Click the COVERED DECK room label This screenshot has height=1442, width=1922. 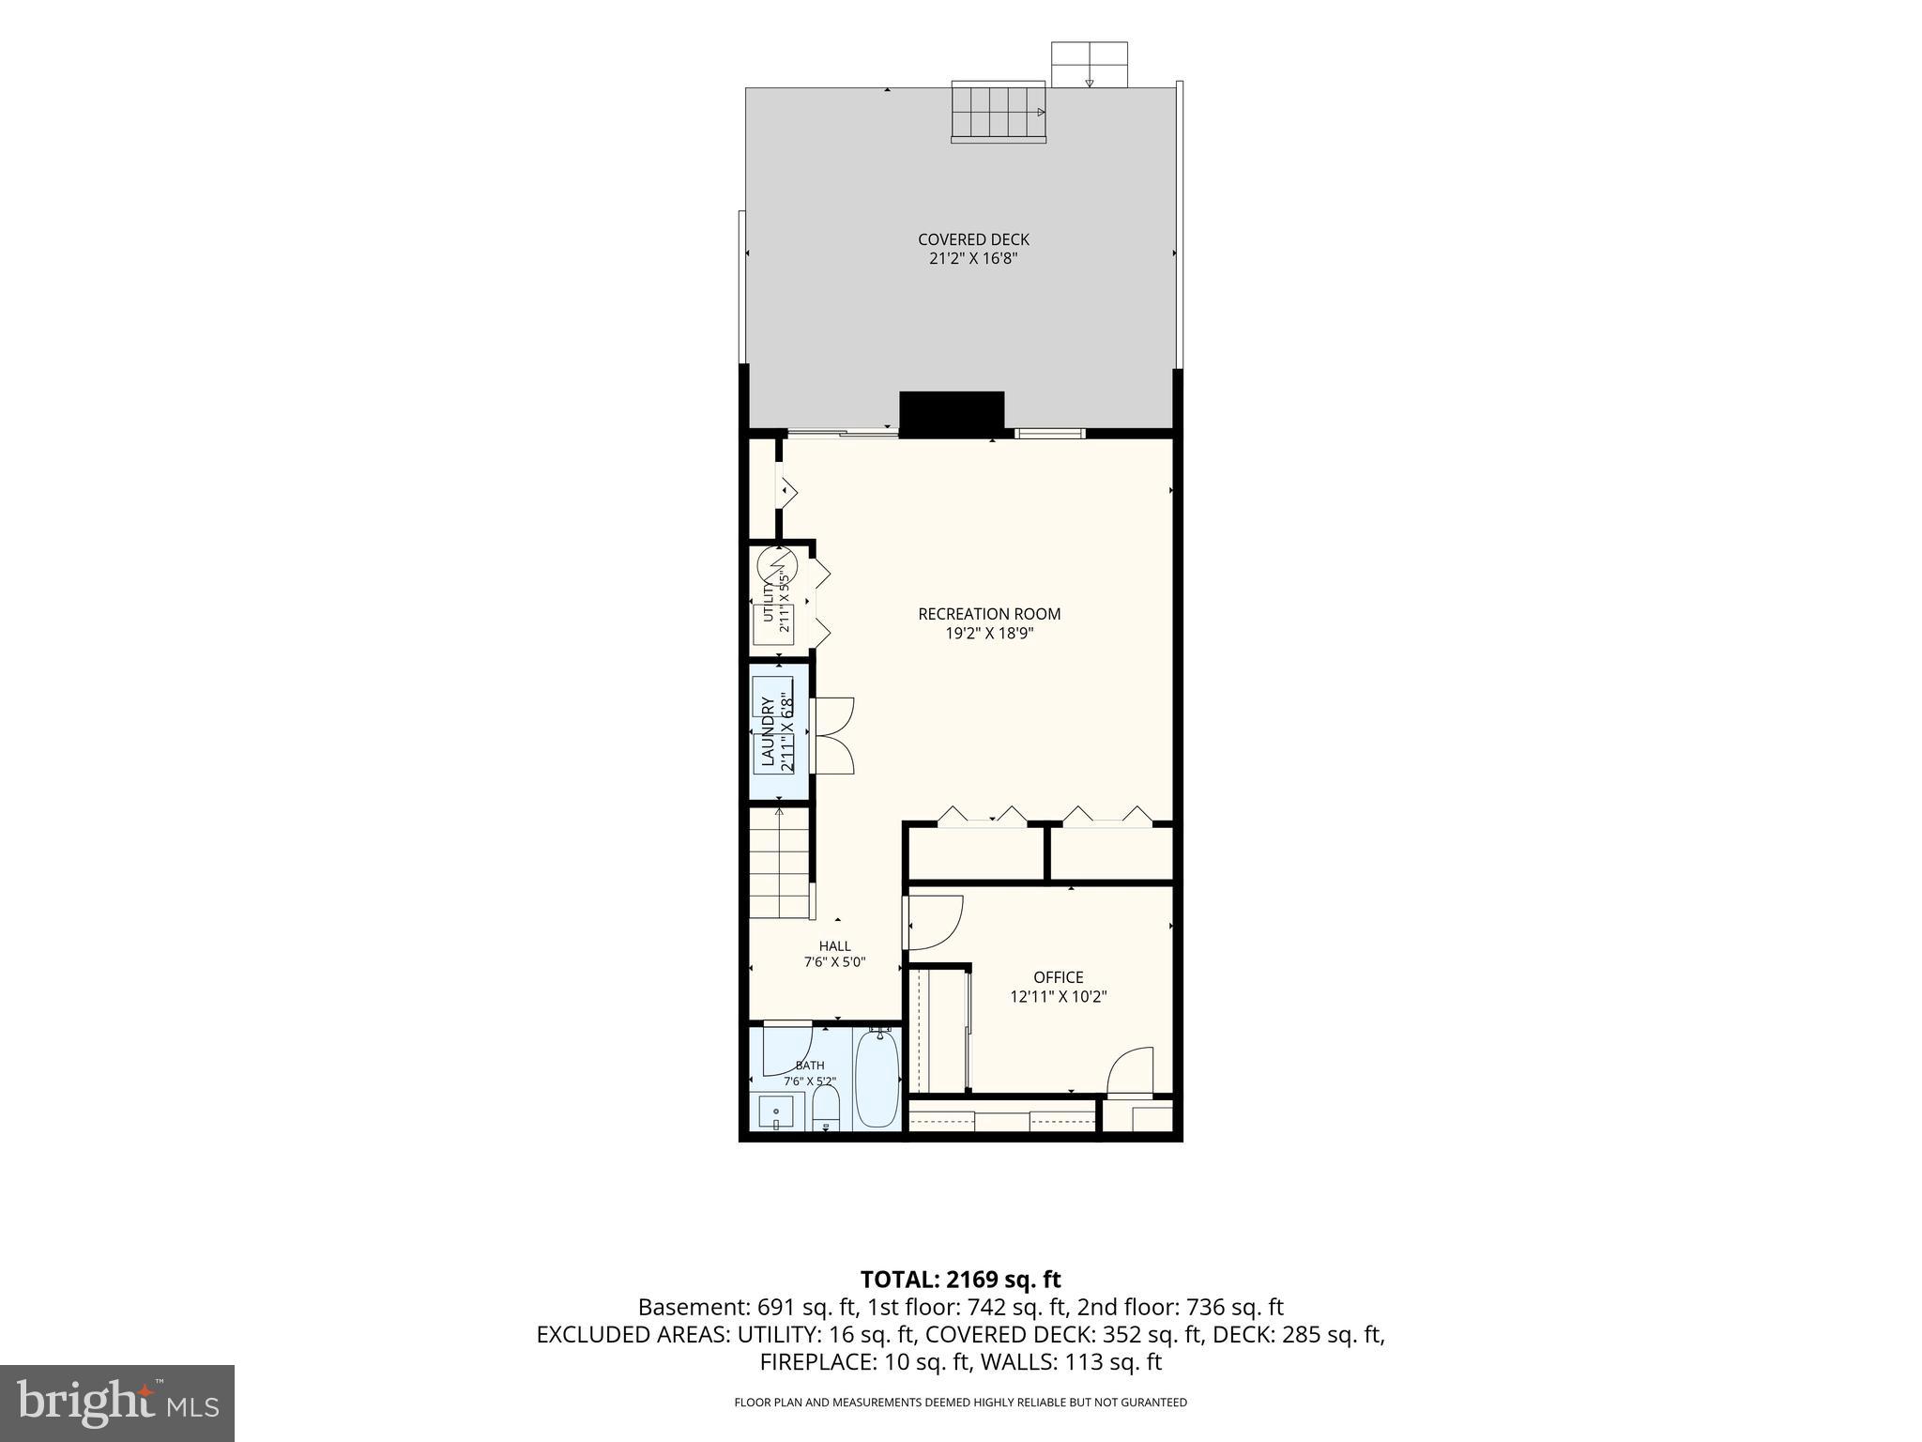(973, 239)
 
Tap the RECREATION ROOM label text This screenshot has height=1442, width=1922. (989, 614)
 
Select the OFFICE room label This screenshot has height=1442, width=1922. (1059, 977)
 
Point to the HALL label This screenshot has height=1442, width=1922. (834, 946)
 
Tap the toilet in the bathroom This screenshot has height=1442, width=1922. (825, 1108)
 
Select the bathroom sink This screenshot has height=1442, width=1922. (776, 1112)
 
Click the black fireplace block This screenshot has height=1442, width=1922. (952, 414)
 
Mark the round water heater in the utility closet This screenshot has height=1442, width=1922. (777, 565)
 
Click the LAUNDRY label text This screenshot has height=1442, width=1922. (768, 732)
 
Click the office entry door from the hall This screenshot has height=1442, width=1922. (933, 922)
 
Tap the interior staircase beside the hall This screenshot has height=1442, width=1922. (779, 863)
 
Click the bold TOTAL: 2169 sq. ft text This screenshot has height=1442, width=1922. (960, 1279)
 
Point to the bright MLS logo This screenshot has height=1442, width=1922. (117, 1403)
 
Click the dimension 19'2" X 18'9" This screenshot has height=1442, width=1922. (989, 634)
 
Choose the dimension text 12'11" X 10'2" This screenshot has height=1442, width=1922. (1059, 997)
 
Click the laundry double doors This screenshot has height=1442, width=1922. (833, 735)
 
